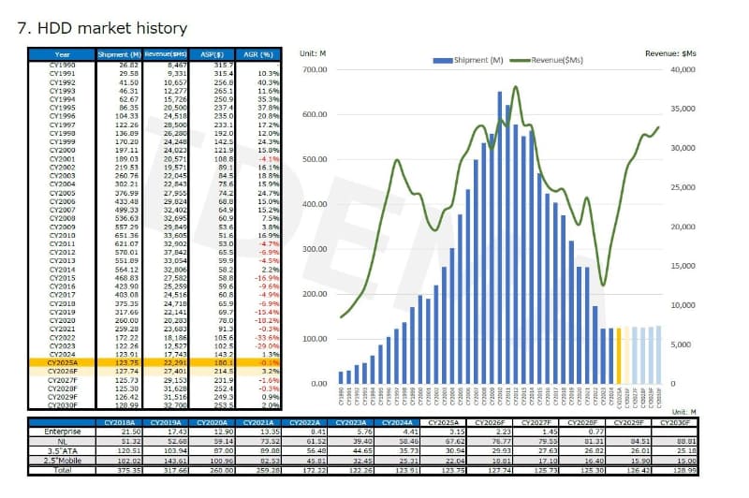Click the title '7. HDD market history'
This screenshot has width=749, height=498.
pyautogui.click(x=103, y=29)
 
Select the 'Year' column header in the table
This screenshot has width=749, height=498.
pyautogui.click(x=62, y=54)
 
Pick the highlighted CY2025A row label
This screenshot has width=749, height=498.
pyautogui.click(x=62, y=361)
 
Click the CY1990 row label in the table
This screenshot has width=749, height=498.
pyautogui.click(x=62, y=64)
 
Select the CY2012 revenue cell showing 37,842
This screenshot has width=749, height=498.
pyautogui.click(x=174, y=251)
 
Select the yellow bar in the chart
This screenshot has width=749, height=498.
pyautogui.click(x=618, y=355)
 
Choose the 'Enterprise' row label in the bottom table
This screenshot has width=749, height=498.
pyautogui.click(x=62, y=432)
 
